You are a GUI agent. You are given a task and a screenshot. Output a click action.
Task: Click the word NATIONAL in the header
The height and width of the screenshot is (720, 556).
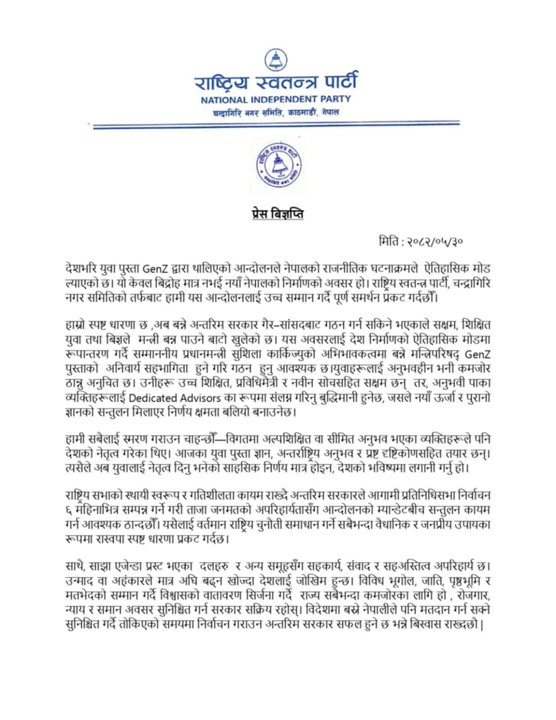[x=224, y=99]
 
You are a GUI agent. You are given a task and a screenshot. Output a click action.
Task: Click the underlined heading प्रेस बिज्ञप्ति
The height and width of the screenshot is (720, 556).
[x=278, y=214]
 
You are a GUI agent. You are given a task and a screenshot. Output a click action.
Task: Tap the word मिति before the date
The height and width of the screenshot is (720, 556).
[x=390, y=242]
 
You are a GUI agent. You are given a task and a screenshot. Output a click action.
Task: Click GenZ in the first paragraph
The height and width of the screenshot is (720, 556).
[x=155, y=269]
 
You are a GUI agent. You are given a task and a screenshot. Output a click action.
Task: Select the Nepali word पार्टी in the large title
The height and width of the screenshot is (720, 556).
[x=336, y=82]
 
